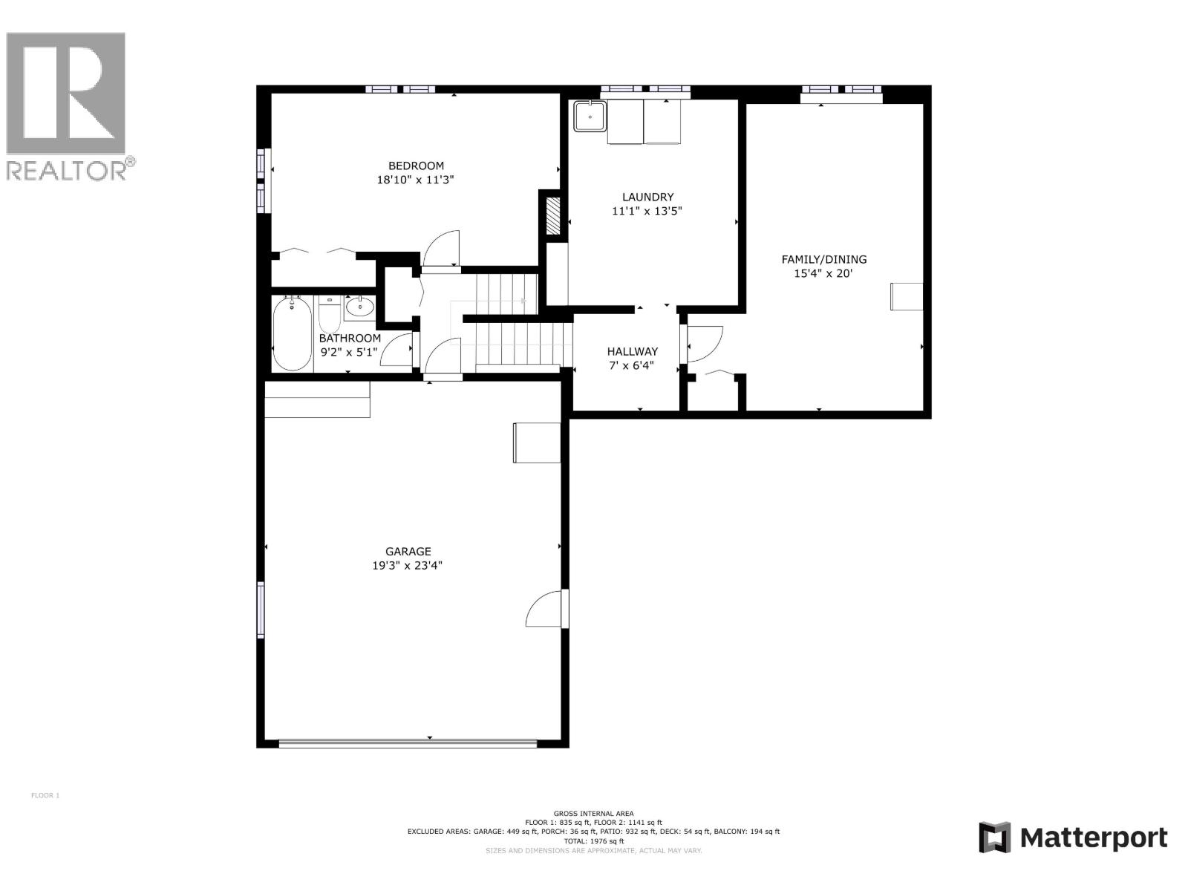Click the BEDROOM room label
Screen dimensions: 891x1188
pos(416,166)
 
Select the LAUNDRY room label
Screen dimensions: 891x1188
pos(647,197)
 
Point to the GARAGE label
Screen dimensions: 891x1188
pos(408,551)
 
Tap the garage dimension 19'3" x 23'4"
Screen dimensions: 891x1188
pos(408,565)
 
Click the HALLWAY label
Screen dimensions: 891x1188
pos(632,351)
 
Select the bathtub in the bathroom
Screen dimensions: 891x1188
pos(292,333)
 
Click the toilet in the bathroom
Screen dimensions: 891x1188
pos(329,317)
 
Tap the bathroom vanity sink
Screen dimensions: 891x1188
pos(360,307)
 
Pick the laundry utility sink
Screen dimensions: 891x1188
pos(590,116)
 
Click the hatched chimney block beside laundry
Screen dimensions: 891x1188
pos(552,215)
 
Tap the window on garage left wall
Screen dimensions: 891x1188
pos(261,609)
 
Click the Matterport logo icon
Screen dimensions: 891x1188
pos(994,838)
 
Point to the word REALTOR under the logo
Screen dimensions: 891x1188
pos(67,170)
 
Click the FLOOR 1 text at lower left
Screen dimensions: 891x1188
pos(45,796)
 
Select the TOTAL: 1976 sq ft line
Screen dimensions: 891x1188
pos(593,841)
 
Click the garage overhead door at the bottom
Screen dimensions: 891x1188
pos(408,741)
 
